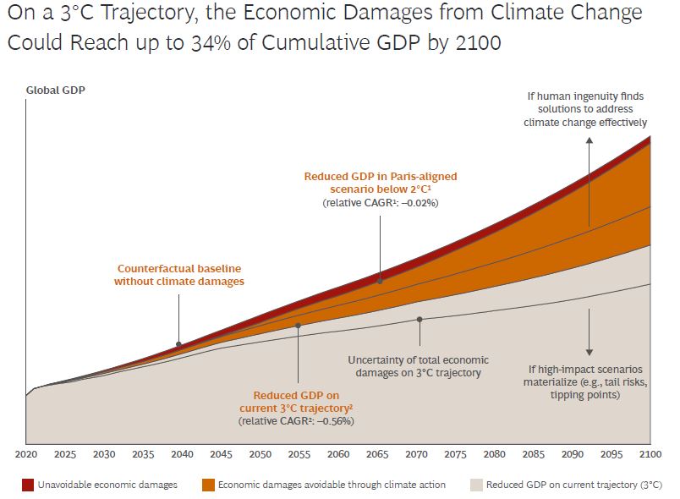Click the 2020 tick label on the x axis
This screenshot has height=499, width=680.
coord(26,454)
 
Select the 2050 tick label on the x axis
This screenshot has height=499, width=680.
coord(260,454)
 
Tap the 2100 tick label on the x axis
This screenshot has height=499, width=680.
coord(650,454)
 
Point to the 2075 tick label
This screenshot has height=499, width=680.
coord(455,454)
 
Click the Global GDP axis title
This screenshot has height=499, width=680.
coord(56,90)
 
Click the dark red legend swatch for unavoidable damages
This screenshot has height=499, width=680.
coord(28,485)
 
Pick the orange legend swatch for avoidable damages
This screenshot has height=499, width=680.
coord(209,485)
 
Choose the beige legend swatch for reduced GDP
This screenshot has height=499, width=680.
coord(477,485)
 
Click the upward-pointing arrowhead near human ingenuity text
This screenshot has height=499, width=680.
coord(589,140)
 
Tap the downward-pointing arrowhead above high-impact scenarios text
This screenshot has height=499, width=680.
coord(589,352)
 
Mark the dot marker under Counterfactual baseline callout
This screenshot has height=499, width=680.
coord(178,345)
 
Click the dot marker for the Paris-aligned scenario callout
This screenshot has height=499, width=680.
coord(380,281)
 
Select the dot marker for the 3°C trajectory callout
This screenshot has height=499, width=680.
coord(298,326)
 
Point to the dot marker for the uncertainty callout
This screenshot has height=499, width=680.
coord(420,320)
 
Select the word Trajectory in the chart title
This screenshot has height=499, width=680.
coord(147,13)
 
